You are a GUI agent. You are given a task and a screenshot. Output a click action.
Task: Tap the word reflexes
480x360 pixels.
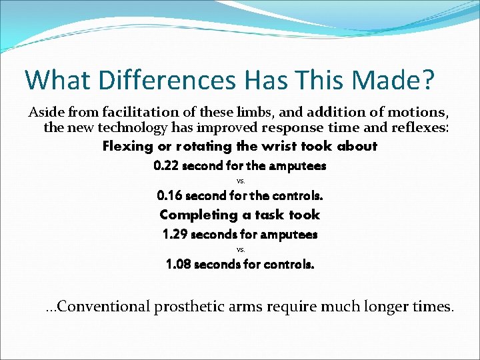(423, 128)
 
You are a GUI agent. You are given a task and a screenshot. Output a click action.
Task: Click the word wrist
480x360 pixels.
(260, 146)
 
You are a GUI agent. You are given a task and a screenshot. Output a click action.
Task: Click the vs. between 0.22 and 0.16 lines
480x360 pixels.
(241, 181)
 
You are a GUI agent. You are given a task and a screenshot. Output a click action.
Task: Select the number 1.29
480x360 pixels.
(175, 235)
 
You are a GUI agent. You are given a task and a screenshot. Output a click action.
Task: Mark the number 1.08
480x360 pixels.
(179, 264)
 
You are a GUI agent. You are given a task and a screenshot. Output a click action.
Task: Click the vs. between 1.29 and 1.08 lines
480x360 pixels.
(241, 249)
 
